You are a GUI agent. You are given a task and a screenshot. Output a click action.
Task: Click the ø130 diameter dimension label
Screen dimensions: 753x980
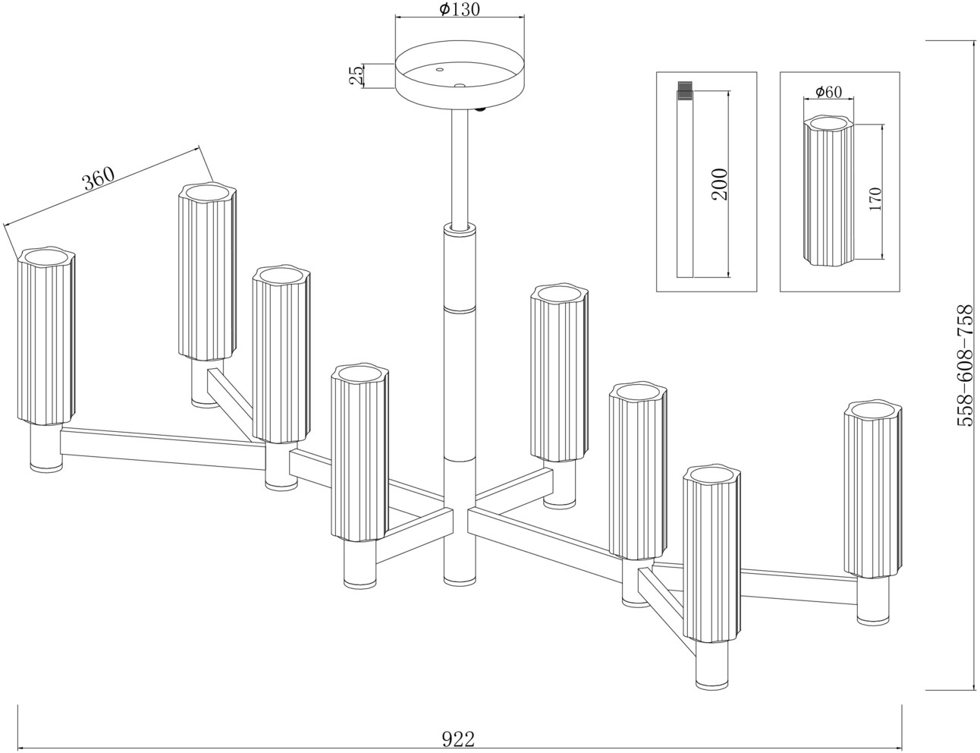tap(460, 10)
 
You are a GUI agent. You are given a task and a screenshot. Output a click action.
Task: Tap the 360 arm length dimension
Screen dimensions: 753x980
tap(99, 180)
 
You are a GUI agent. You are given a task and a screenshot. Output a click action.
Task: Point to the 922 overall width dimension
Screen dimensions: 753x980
tap(458, 737)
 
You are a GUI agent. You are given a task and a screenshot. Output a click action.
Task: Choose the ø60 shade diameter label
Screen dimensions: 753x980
tap(828, 92)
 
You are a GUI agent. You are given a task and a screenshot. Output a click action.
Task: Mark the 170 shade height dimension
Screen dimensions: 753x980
tap(875, 198)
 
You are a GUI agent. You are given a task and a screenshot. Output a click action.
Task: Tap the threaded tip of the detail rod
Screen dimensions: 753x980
tap(685, 90)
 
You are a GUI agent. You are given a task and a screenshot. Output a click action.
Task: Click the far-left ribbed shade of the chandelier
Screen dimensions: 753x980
tap(46, 336)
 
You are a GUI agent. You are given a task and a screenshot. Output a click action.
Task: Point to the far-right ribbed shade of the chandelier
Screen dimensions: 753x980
tap(873, 490)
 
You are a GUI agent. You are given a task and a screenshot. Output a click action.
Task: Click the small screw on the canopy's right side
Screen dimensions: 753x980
tap(480, 111)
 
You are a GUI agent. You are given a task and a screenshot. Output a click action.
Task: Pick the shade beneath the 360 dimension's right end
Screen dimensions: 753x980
tap(209, 270)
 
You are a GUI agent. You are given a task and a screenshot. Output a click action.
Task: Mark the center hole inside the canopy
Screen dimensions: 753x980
tap(458, 85)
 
